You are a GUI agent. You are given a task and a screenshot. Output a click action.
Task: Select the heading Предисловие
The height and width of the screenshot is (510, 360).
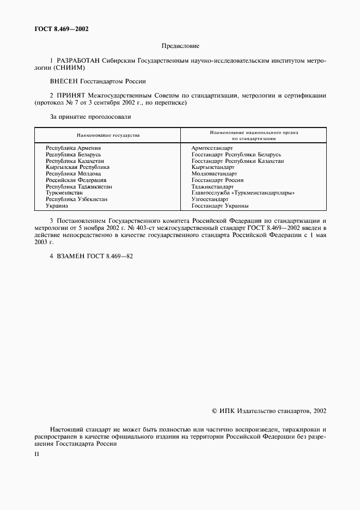pyautogui.click(x=180, y=47)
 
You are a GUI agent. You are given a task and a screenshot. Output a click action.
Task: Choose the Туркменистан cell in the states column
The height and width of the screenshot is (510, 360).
pyautogui.click(x=64, y=193)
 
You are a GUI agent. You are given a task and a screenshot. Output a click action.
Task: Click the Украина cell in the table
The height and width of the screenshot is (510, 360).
pyautogui.click(x=57, y=206)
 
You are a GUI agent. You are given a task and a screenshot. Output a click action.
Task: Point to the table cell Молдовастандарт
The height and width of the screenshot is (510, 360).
pyautogui.click(x=214, y=174)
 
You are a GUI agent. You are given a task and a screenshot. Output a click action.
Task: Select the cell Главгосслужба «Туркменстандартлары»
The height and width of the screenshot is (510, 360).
pyautogui.click(x=243, y=193)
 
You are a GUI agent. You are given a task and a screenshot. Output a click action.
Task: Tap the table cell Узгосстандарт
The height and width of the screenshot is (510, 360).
pyautogui.click(x=210, y=199)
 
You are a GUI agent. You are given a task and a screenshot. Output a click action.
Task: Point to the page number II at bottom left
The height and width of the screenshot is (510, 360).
pyautogui.click(x=36, y=454)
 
